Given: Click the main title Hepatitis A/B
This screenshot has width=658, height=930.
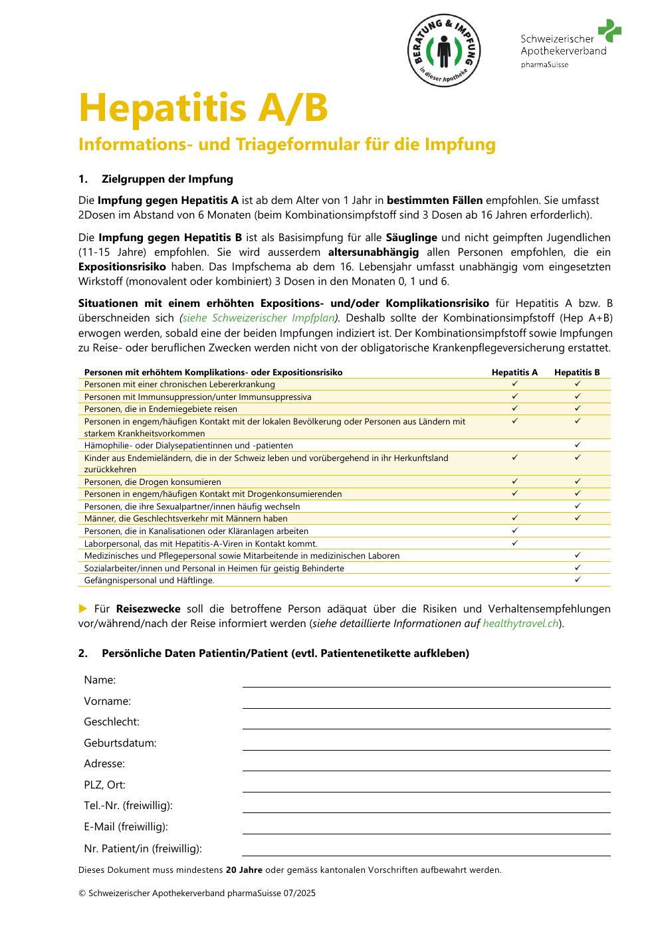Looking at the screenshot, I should tap(203, 108).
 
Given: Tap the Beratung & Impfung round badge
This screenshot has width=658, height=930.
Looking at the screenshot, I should tap(444, 50).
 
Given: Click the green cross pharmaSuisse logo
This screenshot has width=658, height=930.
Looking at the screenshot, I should tap(609, 31).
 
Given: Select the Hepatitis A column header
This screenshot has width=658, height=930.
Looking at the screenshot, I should tap(514, 372).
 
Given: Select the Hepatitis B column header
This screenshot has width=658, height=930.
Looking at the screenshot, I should tap(577, 372).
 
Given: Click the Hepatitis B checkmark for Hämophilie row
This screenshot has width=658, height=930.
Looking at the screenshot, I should tap(578, 445).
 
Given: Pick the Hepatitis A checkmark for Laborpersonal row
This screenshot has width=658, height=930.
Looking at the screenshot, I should tap(514, 543).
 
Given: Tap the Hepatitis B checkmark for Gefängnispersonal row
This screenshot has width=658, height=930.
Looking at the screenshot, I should tap(578, 580).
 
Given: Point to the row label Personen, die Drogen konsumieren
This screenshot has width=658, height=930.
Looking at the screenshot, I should tap(153, 482).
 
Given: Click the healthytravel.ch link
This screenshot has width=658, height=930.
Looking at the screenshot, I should tap(520, 624).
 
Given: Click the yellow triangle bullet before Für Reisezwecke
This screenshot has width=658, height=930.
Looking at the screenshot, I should tap(83, 608).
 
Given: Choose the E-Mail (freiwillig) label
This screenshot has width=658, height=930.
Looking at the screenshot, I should tap(126, 827).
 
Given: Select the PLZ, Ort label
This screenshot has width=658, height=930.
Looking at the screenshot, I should tap(104, 785).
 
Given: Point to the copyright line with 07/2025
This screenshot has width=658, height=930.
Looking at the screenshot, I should tap(197, 893).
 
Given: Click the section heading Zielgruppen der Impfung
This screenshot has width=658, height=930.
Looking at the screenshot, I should tap(167, 179).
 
